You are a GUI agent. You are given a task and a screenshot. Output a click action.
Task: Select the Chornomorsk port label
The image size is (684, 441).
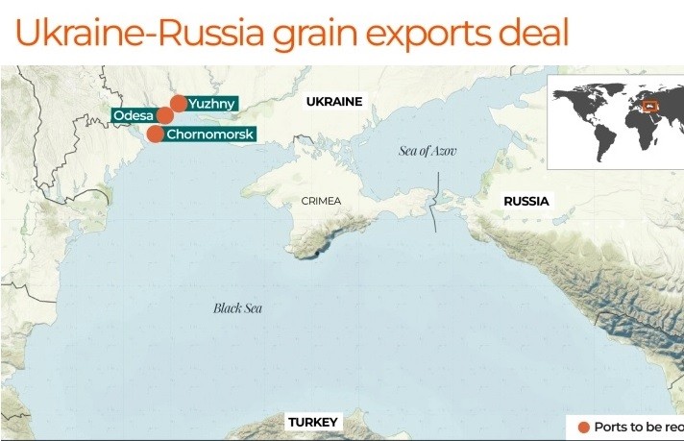[x=209, y=135]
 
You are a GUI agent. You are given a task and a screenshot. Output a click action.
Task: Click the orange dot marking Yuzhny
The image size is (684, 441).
[x=179, y=103]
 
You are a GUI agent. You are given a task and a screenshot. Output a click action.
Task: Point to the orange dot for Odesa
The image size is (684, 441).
[x=164, y=116]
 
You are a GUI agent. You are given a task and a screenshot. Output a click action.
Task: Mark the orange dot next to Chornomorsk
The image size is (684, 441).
[x=156, y=134]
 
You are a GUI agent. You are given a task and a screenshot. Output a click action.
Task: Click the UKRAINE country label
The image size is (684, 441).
[x=334, y=101]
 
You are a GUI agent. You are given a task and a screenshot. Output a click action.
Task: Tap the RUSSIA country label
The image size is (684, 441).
[x=526, y=202]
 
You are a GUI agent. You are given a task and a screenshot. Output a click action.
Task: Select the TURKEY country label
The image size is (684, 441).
[x=313, y=423]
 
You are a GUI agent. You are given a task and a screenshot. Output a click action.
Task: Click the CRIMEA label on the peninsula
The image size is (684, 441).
[x=321, y=202]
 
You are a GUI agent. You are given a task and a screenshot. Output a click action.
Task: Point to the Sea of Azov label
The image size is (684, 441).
[x=427, y=151]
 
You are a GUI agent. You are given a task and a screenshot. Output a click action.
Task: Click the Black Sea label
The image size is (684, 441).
[x=237, y=308]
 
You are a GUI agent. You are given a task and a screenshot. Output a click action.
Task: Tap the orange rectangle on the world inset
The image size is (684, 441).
[x=650, y=106]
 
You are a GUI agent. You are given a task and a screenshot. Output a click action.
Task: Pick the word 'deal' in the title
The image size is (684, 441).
[x=528, y=33]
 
